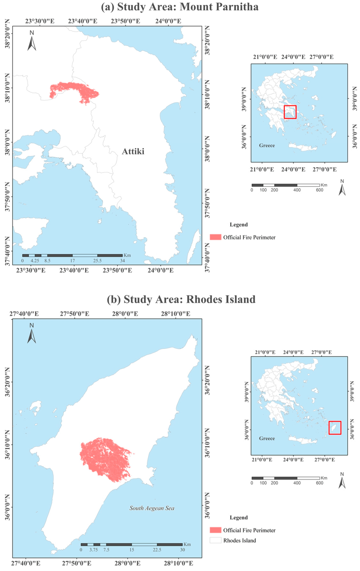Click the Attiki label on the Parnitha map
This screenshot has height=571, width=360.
tap(133, 151)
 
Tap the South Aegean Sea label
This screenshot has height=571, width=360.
tap(152, 508)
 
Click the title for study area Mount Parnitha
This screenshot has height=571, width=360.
tap(180, 7)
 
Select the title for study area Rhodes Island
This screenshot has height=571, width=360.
tap(181, 299)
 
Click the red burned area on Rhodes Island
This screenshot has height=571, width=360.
tap(104, 459)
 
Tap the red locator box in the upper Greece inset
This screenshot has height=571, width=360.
tap(290, 112)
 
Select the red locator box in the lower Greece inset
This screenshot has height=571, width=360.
tap(335, 428)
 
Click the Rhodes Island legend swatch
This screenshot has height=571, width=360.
tap(216, 540)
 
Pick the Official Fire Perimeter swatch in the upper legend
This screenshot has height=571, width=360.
tap(216, 237)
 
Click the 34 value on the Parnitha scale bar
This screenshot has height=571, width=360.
tap(122, 261)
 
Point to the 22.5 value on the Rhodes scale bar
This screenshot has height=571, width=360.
tap(157, 550)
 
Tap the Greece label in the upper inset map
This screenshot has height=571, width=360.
tap(267, 145)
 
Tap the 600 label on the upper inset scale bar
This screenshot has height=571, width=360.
tap(319, 190)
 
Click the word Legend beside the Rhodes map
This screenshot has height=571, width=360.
tap(239, 518)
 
